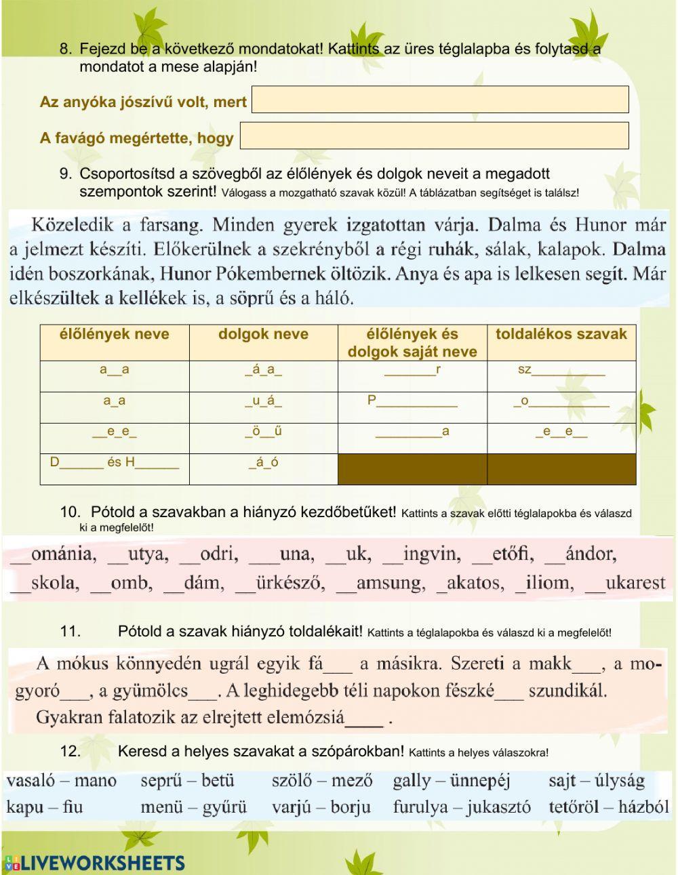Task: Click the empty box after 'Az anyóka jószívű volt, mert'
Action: coord(440,100)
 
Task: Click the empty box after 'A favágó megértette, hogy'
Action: coord(434,136)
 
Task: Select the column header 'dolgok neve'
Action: coord(263,334)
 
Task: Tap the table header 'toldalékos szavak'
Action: coord(561,333)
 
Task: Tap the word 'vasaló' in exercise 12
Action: coord(30,781)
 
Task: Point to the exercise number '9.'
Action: coord(66,174)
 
